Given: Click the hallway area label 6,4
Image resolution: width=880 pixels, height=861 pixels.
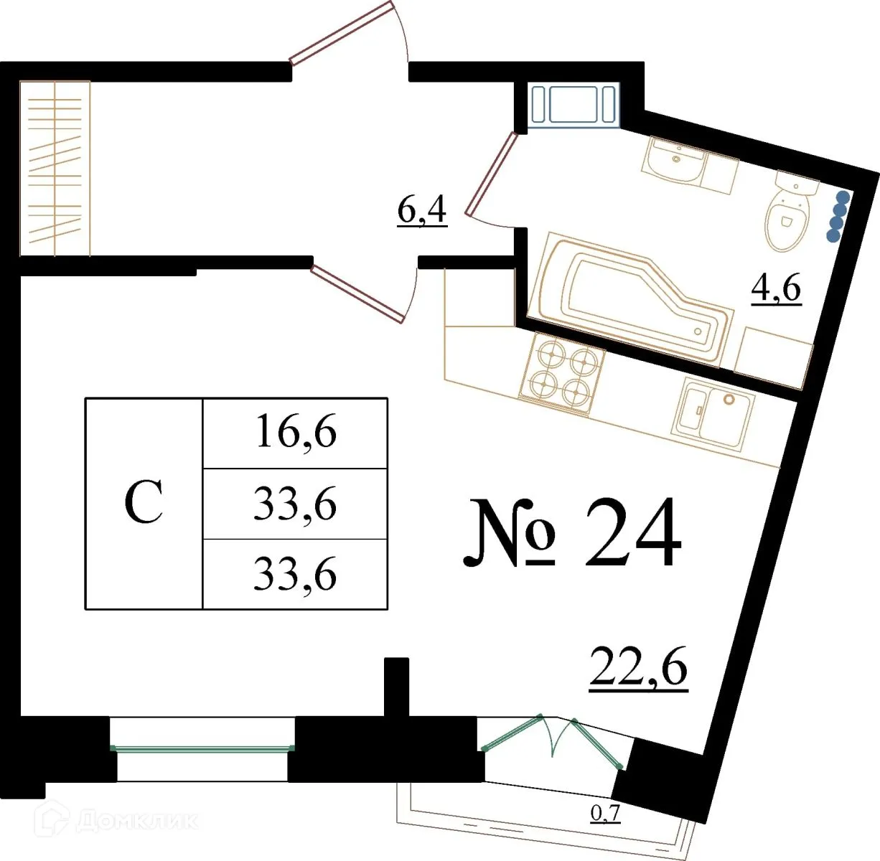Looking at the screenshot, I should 422,211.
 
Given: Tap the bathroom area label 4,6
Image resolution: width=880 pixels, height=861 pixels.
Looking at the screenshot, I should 776,290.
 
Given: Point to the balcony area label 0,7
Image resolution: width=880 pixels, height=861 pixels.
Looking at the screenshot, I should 605,814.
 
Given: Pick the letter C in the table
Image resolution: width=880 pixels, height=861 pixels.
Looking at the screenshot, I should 144,504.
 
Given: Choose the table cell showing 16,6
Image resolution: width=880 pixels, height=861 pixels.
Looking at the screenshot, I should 295,433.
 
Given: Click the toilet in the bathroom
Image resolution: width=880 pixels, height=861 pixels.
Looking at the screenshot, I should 788,212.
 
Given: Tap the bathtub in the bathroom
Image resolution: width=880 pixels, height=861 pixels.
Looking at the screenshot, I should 632,298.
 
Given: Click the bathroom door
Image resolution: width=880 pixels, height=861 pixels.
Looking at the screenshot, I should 492,174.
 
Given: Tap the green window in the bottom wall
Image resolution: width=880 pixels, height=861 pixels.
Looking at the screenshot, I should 202,748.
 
